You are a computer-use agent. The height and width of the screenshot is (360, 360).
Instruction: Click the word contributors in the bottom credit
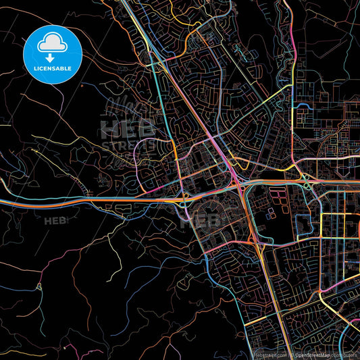(349, 354)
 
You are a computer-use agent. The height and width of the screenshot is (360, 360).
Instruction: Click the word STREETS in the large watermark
(128, 145)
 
